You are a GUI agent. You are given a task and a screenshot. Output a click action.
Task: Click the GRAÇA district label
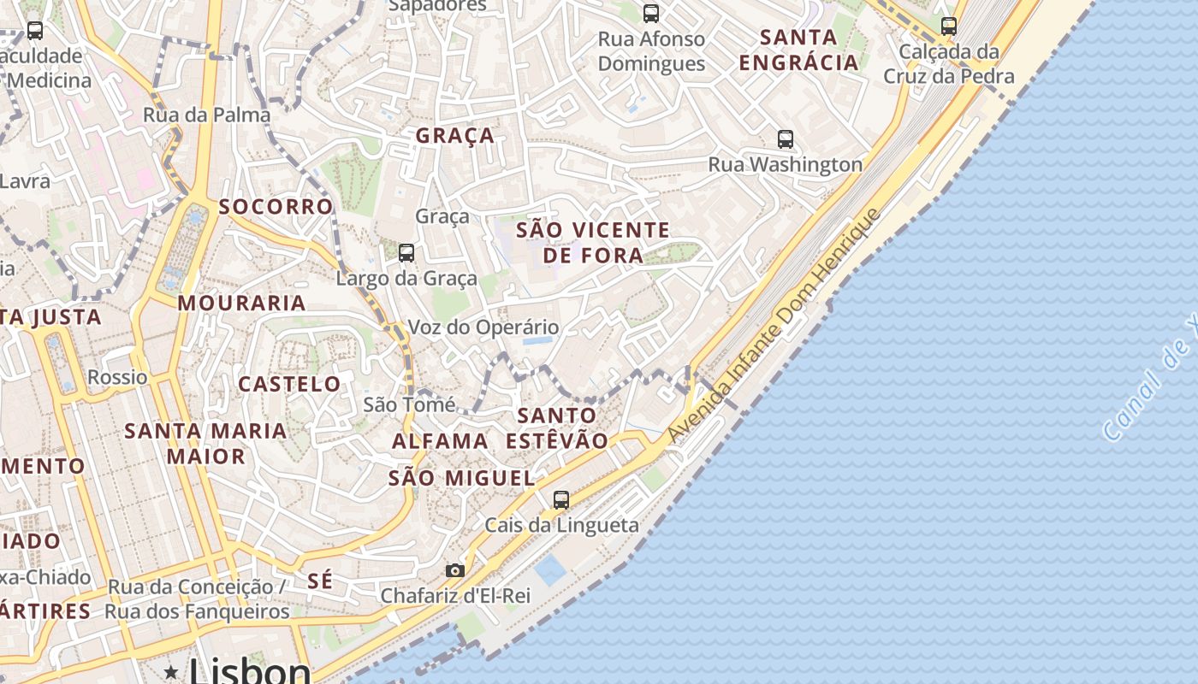455,135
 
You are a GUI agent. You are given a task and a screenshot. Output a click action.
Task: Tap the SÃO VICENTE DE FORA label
593,242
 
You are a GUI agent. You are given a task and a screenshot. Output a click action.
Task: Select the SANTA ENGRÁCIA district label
798,50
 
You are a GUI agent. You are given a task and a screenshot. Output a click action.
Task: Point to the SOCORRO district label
276,206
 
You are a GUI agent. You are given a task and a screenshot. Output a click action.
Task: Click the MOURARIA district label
241,303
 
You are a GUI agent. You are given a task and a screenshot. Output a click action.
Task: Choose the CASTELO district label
289,384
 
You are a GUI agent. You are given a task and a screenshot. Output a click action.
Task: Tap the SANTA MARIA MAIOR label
205,443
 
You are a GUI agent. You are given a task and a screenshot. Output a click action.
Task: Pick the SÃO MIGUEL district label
462,478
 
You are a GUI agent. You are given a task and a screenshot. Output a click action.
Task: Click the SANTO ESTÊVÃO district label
557,428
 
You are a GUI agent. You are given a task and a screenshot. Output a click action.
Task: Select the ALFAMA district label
440,441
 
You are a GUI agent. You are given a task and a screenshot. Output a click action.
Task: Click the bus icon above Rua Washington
785,139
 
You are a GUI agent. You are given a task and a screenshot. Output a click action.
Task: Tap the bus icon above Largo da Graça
406,252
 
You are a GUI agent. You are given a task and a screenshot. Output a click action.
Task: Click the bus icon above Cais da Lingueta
560,499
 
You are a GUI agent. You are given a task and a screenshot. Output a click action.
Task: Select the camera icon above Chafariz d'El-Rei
455,570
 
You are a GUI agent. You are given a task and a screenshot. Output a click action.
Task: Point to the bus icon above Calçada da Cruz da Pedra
948,26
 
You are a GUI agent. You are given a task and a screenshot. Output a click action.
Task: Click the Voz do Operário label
483,327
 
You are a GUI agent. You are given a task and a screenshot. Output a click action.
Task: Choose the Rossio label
117,377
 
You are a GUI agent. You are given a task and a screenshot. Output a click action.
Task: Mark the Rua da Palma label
206,115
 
